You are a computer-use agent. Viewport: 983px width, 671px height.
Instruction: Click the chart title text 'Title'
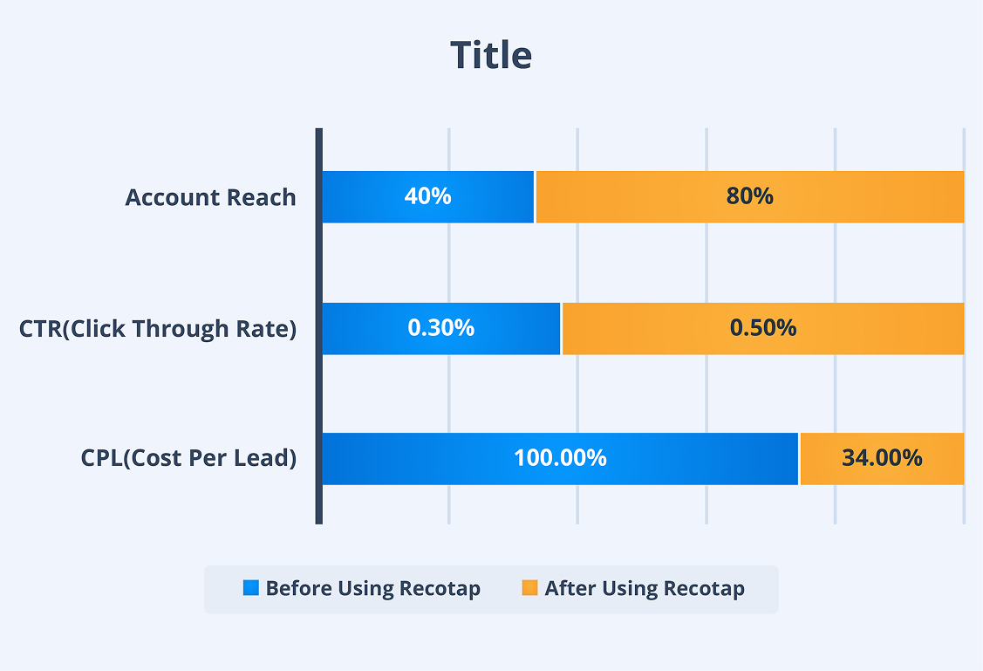click(x=491, y=55)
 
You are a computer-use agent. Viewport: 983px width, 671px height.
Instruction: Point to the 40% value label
click(x=427, y=196)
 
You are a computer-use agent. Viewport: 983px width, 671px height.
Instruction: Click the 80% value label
click(x=749, y=196)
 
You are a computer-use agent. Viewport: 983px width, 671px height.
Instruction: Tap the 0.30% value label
click(x=441, y=328)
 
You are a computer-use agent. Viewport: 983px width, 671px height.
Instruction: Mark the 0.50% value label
click(x=763, y=328)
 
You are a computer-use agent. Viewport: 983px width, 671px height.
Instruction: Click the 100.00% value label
click(x=560, y=458)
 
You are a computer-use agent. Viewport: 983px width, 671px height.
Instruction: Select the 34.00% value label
click(x=882, y=458)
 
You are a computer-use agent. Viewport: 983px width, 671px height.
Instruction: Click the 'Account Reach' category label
click(x=210, y=197)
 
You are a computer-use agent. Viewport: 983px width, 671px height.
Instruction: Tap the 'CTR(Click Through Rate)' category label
click(x=158, y=329)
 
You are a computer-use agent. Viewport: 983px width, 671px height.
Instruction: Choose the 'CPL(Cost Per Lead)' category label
click(x=188, y=458)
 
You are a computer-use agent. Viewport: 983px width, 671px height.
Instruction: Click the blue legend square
click(x=251, y=588)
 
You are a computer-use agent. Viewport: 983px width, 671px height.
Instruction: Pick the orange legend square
click(x=529, y=588)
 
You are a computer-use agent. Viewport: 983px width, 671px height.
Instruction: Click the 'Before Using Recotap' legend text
click(x=372, y=589)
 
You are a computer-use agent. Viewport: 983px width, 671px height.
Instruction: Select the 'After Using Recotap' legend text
click(x=645, y=589)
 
